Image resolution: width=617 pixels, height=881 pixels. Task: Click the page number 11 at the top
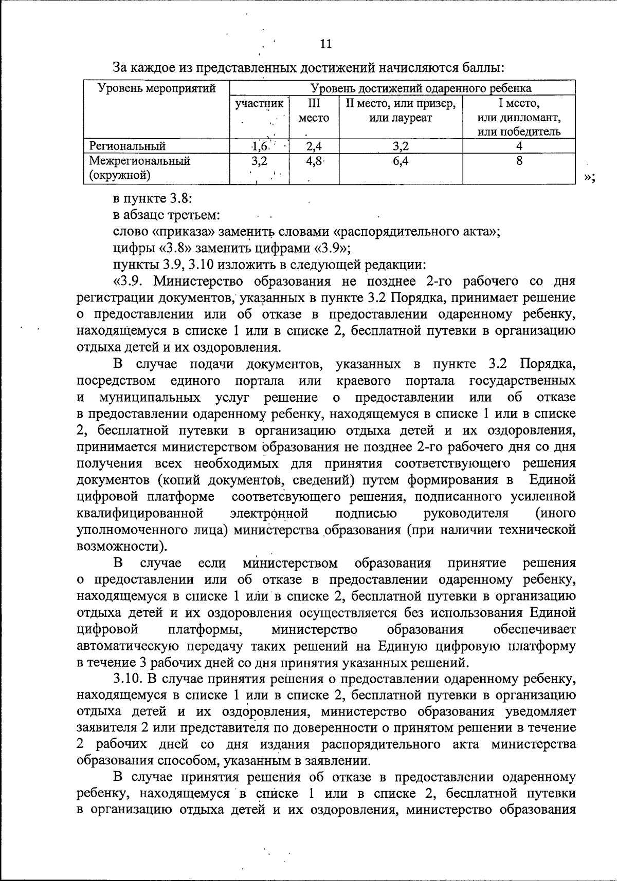tap(326, 44)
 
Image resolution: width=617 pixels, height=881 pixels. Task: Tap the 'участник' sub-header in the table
tap(259, 104)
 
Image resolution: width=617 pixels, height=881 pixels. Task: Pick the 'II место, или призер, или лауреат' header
tap(401, 110)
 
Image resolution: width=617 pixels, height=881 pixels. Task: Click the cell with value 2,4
tap(314, 146)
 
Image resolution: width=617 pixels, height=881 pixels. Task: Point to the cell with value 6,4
tap(401, 161)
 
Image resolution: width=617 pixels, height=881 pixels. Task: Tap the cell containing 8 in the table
tap(519, 161)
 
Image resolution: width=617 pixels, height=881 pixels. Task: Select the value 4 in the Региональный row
tap(519, 146)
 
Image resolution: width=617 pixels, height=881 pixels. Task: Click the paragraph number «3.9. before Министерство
tap(130, 282)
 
